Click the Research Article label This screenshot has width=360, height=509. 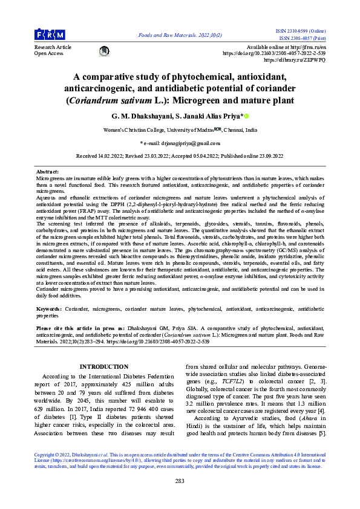tap(53, 47)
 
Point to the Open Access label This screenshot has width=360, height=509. tap(48, 53)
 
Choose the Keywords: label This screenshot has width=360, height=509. tap(48, 309)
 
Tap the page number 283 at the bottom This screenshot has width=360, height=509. tap(180, 481)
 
